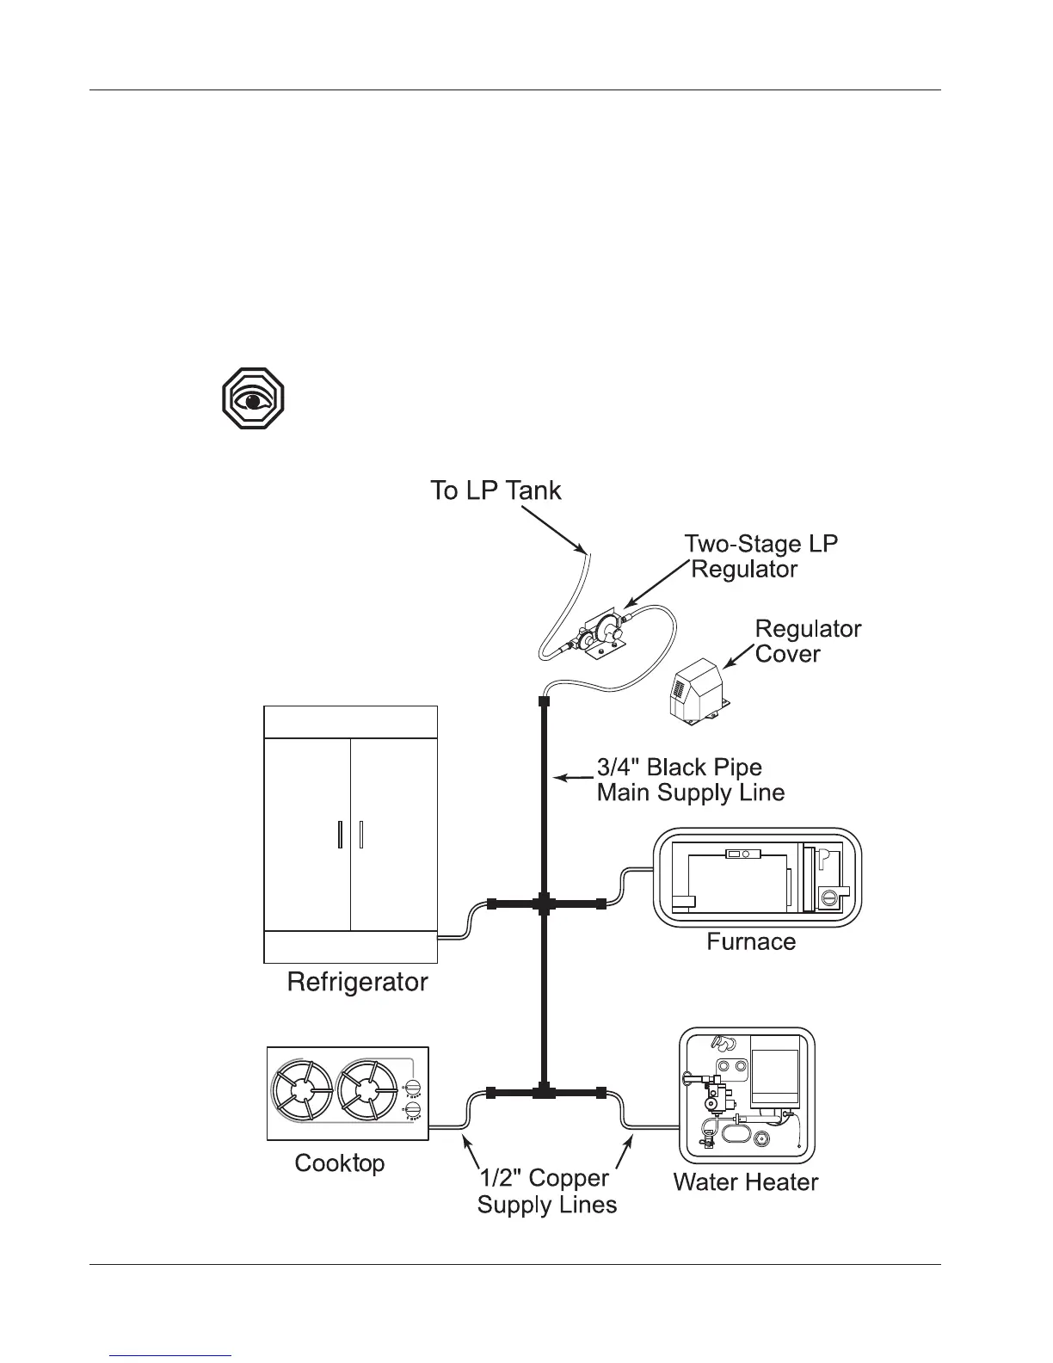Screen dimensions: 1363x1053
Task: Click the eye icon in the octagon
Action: (253, 399)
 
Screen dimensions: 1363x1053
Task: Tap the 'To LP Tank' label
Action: (496, 491)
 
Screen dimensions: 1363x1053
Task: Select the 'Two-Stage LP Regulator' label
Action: (760, 557)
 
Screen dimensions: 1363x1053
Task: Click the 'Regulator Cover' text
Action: (807, 641)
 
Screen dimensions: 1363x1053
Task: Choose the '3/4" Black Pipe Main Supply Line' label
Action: (690, 780)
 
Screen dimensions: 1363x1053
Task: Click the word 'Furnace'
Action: (751, 941)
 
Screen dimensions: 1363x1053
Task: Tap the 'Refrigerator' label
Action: (357, 982)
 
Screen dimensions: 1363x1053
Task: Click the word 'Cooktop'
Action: (340, 1163)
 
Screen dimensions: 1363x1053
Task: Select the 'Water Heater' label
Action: (745, 1181)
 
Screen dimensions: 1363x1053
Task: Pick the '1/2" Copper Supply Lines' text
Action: (547, 1191)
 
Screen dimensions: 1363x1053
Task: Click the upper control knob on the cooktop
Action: (414, 1088)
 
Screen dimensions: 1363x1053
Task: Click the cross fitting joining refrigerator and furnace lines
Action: (544, 904)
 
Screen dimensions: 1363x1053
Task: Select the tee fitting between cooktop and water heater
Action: (544, 1093)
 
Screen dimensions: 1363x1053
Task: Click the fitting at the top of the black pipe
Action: (544, 703)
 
